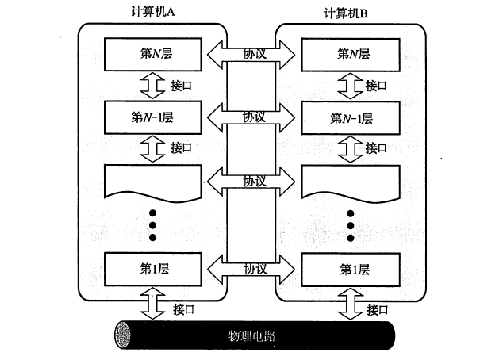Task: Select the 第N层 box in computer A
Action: (x=150, y=54)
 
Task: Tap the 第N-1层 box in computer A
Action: (x=150, y=117)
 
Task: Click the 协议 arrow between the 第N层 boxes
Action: (x=251, y=54)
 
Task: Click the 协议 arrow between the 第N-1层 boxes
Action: (x=251, y=117)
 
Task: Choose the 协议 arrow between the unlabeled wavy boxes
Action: (x=251, y=181)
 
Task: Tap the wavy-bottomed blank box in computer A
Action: (x=150, y=181)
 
